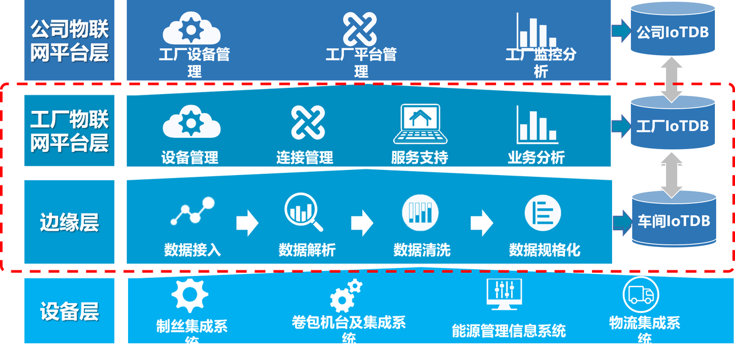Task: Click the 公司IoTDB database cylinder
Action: [x=672, y=32]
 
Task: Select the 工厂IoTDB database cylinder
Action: [x=672, y=125]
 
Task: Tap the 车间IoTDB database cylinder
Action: [x=674, y=220]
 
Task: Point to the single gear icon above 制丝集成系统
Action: [x=189, y=295]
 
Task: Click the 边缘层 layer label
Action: [x=69, y=222]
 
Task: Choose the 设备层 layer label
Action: [x=69, y=312]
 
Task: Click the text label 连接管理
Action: [x=304, y=157]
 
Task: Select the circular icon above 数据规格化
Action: [x=542, y=212]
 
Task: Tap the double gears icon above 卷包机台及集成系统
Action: [x=345, y=295]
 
